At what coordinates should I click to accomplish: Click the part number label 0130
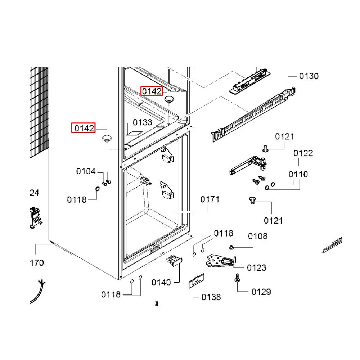point(309,76)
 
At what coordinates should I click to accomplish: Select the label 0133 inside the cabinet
point(143,122)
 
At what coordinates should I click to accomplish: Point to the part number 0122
point(303,153)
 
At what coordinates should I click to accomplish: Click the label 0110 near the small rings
point(298,175)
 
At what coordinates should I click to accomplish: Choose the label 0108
point(257,236)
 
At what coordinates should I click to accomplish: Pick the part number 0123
point(256,267)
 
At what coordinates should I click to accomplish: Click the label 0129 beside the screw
point(261,292)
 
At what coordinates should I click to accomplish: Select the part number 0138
point(211,297)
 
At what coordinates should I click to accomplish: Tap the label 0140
point(161,283)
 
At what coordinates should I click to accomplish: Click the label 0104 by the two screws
point(86,171)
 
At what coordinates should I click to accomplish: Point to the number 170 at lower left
point(37,263)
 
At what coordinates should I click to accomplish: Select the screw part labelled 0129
point(237,278)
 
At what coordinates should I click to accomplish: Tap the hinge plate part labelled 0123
point(220,261)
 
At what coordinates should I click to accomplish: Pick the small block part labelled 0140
point(174,260)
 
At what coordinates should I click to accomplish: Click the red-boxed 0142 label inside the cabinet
point(152,91)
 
